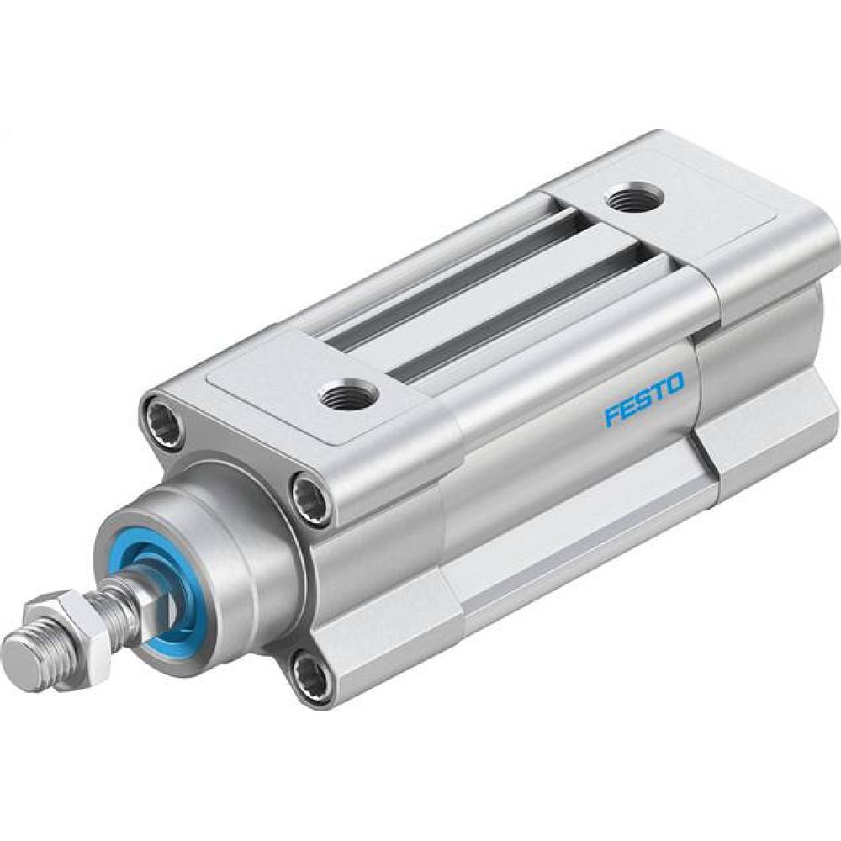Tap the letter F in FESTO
(x=611, y=416)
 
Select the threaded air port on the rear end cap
(x=633, y=197)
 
